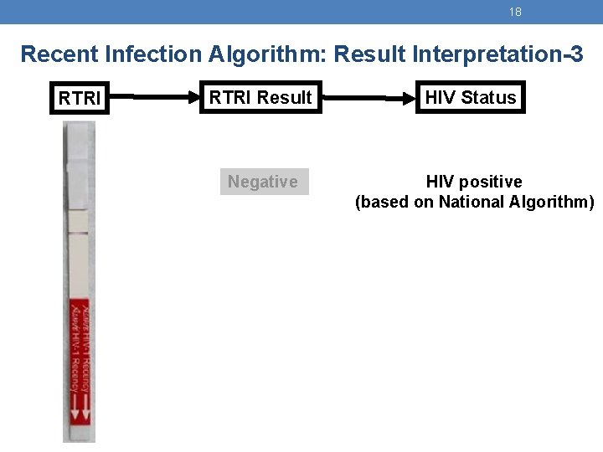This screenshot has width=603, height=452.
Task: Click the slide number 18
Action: click(515, 12)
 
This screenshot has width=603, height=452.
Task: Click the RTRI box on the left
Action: click(80, 99)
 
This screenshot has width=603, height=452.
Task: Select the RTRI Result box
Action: click(260, 98)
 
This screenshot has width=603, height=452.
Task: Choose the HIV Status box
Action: click(471, 98)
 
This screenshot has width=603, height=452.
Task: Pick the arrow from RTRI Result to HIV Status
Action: click(366, 98)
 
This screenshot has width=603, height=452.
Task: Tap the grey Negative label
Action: click(263, 182)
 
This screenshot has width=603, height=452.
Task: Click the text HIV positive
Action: click(474, 182)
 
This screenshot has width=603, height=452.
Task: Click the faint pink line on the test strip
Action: click(78, 233)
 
